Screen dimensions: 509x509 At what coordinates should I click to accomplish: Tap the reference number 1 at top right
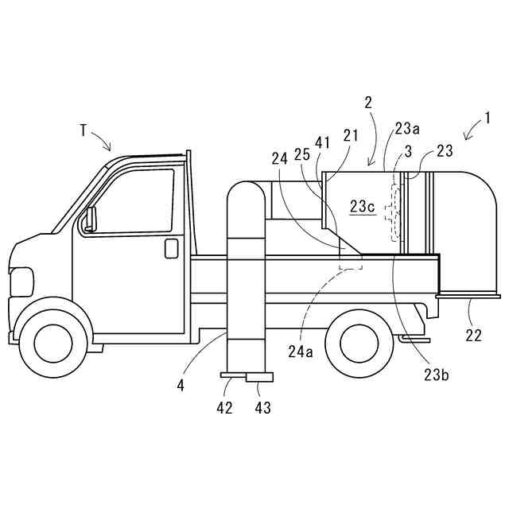[487, 120]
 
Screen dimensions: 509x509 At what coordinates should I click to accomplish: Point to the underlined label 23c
[362, 206]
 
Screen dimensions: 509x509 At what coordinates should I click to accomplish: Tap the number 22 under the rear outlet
[473, 336]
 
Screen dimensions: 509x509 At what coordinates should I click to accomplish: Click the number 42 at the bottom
[225, 407]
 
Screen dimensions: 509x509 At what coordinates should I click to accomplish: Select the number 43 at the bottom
[262, 407]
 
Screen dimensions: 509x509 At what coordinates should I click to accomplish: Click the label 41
[322, 143]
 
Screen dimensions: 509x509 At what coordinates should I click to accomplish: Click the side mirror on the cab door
[90, 217]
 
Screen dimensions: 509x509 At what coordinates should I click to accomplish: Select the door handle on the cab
[171, 248]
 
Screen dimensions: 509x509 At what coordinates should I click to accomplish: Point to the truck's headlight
[21, 282]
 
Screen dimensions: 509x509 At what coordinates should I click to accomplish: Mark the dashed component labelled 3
[391, 212]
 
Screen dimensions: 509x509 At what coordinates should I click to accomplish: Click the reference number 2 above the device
[368, 103]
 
